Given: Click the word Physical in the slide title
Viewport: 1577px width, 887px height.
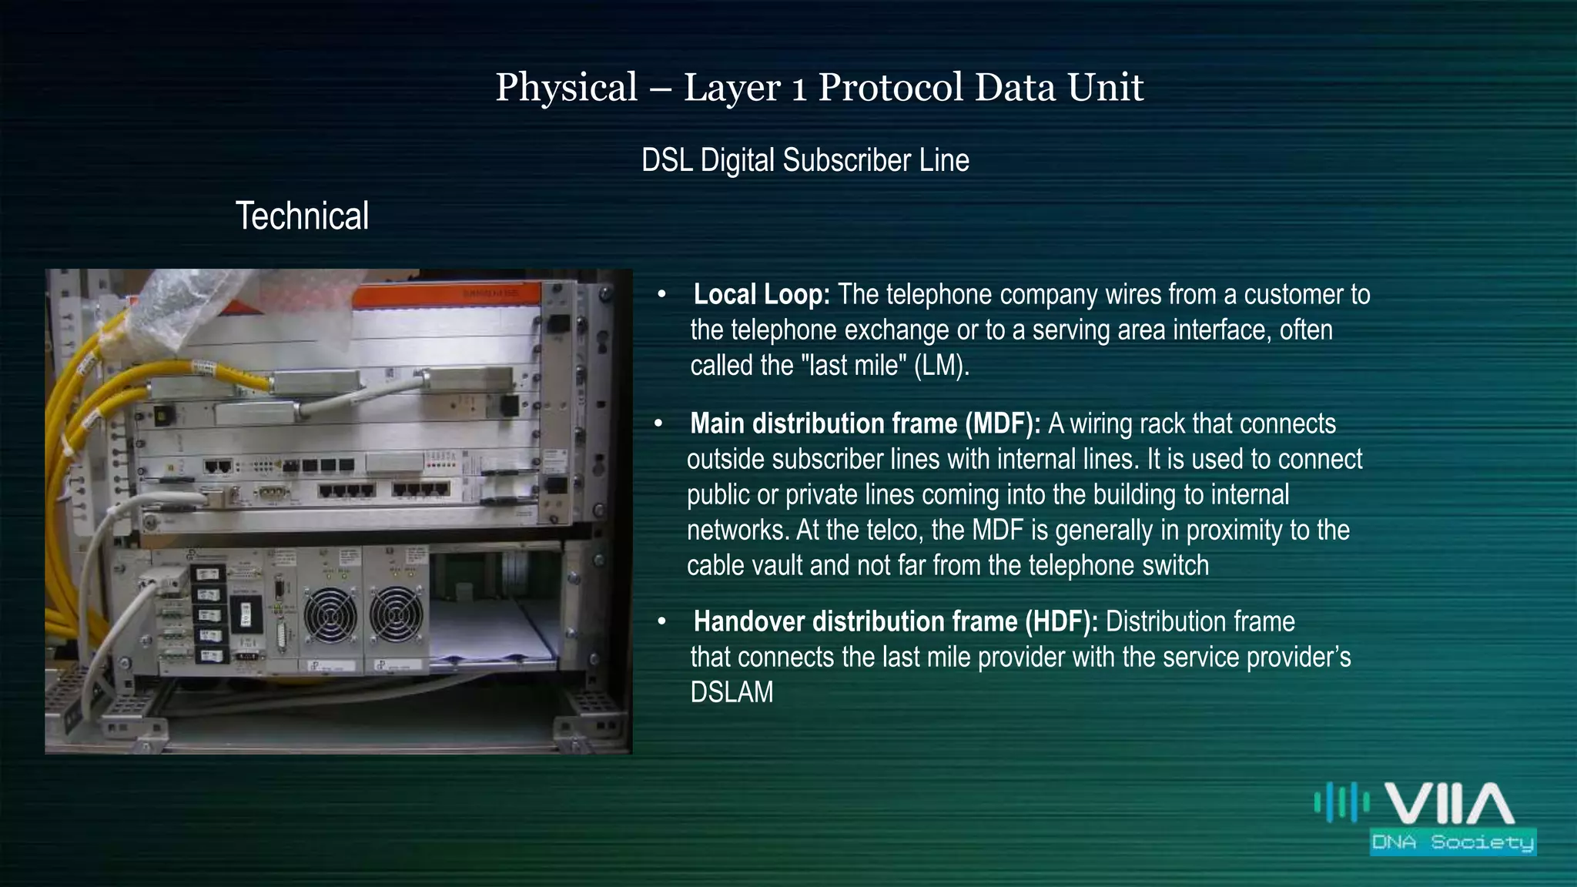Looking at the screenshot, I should pos(567,87).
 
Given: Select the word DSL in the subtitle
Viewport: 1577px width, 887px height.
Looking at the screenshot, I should pos(667,161).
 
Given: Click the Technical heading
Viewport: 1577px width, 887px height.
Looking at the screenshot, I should pos(302,216).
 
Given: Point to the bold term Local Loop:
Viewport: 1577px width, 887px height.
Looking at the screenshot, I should pos(761,295).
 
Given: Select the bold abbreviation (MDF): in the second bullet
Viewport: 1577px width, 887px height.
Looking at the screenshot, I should pos(1003,424).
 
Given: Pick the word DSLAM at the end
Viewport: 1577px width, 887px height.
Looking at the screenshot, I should pos(732,693).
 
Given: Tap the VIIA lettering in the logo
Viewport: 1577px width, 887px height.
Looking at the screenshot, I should pos(1449,805).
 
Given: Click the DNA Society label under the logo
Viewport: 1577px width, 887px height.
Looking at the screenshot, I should pos(1453,842).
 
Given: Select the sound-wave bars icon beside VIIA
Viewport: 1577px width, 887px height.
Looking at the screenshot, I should pos(1341,802).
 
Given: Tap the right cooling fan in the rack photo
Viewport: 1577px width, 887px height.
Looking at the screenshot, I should pos(396,614).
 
